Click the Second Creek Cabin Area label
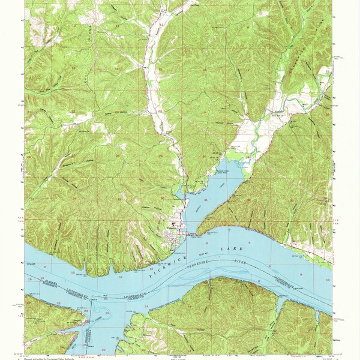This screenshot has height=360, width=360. [x=225, y=171]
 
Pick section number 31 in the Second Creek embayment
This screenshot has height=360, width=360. [x=206, y=199]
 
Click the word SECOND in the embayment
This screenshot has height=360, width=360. [x=198, y=207]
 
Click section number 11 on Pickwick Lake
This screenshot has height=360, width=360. [x=121, y=278]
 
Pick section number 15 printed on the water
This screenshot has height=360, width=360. [x=29, y=278]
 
